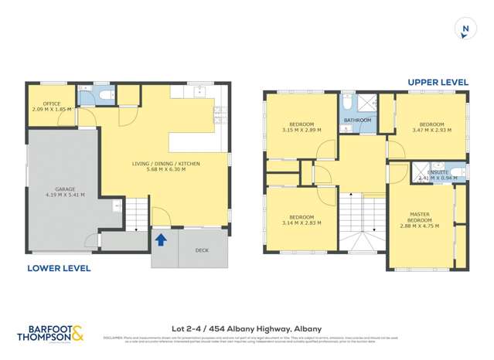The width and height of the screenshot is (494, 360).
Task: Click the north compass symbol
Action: tap(465, 29)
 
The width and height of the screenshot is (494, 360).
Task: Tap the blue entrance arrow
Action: tap(161, 239)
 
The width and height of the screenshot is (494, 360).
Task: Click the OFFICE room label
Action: tap(52, 104)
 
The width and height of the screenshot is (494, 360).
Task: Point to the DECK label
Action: tap(202, 250)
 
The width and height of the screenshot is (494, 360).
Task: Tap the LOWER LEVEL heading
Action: tap(59, 269)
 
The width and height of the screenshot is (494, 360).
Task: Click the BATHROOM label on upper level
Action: tap(357, 121)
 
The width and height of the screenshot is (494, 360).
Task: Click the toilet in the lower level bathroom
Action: tap(107, 95)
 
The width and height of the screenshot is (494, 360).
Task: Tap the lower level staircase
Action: tap(136, 212)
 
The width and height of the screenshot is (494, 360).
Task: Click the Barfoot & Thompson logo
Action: tap(51, 333)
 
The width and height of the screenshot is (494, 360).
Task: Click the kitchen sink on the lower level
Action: tap(199, 92)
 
